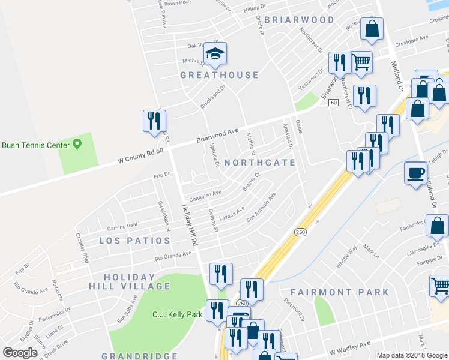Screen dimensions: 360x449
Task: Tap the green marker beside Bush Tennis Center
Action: click(x=77, y=145)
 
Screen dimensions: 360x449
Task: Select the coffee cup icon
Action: click(x=415, y=173)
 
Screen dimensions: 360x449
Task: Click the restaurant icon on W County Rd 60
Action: click(x=153, y=121)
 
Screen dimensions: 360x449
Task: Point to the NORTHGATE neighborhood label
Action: click(x=259, y=163)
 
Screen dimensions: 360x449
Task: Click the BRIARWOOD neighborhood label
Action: click(x=299, y=20)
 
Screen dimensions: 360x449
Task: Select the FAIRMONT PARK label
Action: click(x=340, y=292)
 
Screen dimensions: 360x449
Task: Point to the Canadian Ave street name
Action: click(x=205, y=196)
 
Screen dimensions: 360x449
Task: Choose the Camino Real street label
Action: click(x=122, y=227)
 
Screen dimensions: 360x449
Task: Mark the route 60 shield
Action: click(x=333, y=103)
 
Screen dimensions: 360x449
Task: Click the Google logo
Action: click(x=21, y=353)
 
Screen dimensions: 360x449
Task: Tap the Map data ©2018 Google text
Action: click(x=411, y=355)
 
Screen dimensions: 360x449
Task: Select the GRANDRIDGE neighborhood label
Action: click(x=139, y=356)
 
